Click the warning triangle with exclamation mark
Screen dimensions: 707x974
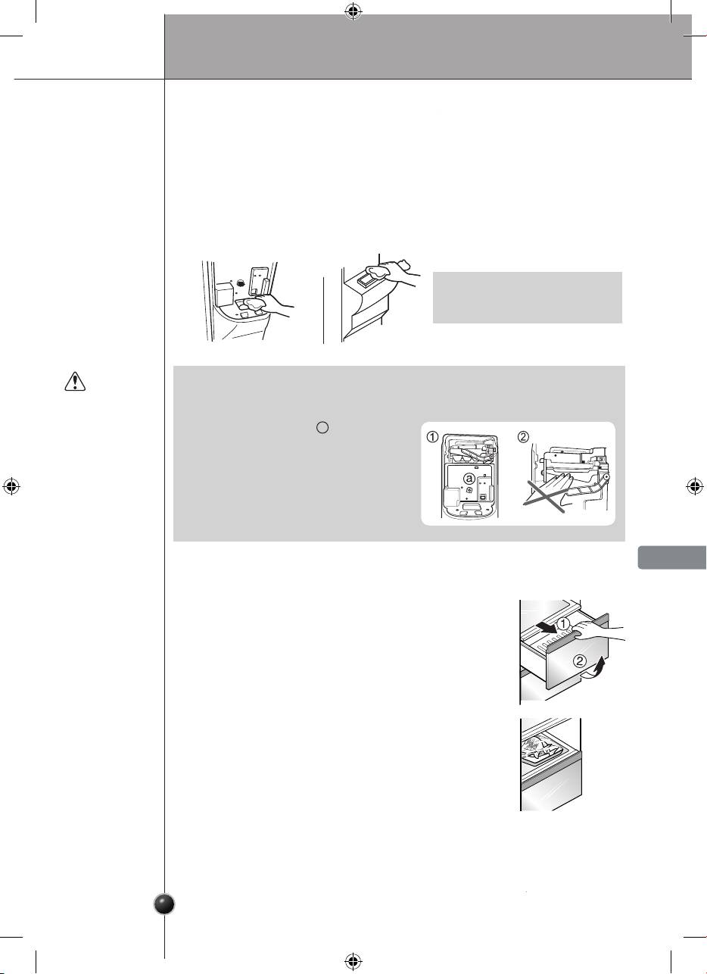75,381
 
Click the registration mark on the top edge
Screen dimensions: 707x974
353,12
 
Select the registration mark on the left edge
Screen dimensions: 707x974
11,486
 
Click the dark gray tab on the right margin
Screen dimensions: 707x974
672,557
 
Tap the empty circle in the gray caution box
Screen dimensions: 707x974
322,427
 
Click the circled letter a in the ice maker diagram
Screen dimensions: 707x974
469,479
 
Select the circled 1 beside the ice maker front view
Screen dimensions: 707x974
432,436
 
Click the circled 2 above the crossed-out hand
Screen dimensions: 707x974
524,436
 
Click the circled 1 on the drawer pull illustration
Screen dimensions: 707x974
563,625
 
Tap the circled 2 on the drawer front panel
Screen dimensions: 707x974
580,661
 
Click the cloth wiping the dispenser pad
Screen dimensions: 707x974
255,303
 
